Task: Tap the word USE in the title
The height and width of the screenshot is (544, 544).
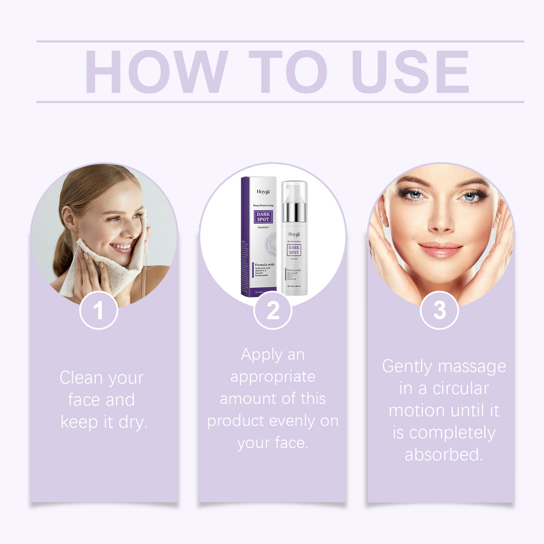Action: tap(410, 72)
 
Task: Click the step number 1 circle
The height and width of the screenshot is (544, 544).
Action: tap(99, 310)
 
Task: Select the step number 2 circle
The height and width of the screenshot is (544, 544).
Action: tap(272, 310)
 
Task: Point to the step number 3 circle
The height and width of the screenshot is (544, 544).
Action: tap(439, 310)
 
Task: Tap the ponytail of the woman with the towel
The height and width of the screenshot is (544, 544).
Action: tap(63, 255)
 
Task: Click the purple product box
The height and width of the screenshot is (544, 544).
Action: tap(259, 237)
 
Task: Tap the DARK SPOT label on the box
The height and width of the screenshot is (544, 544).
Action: tap(263, 217)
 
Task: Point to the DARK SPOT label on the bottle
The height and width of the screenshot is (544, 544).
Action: tap(294, 250)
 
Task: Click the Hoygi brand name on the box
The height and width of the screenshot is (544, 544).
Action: tap(263, 192)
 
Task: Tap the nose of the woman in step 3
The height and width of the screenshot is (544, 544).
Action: tap(441, 222)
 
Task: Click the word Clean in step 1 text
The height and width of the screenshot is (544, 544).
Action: tap(81, 378)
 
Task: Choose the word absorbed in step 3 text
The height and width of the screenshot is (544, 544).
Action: tap(444, 454)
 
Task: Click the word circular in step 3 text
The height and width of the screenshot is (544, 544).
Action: tap(461, 389)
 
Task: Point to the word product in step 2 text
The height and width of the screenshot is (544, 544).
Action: tap(236, 421)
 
